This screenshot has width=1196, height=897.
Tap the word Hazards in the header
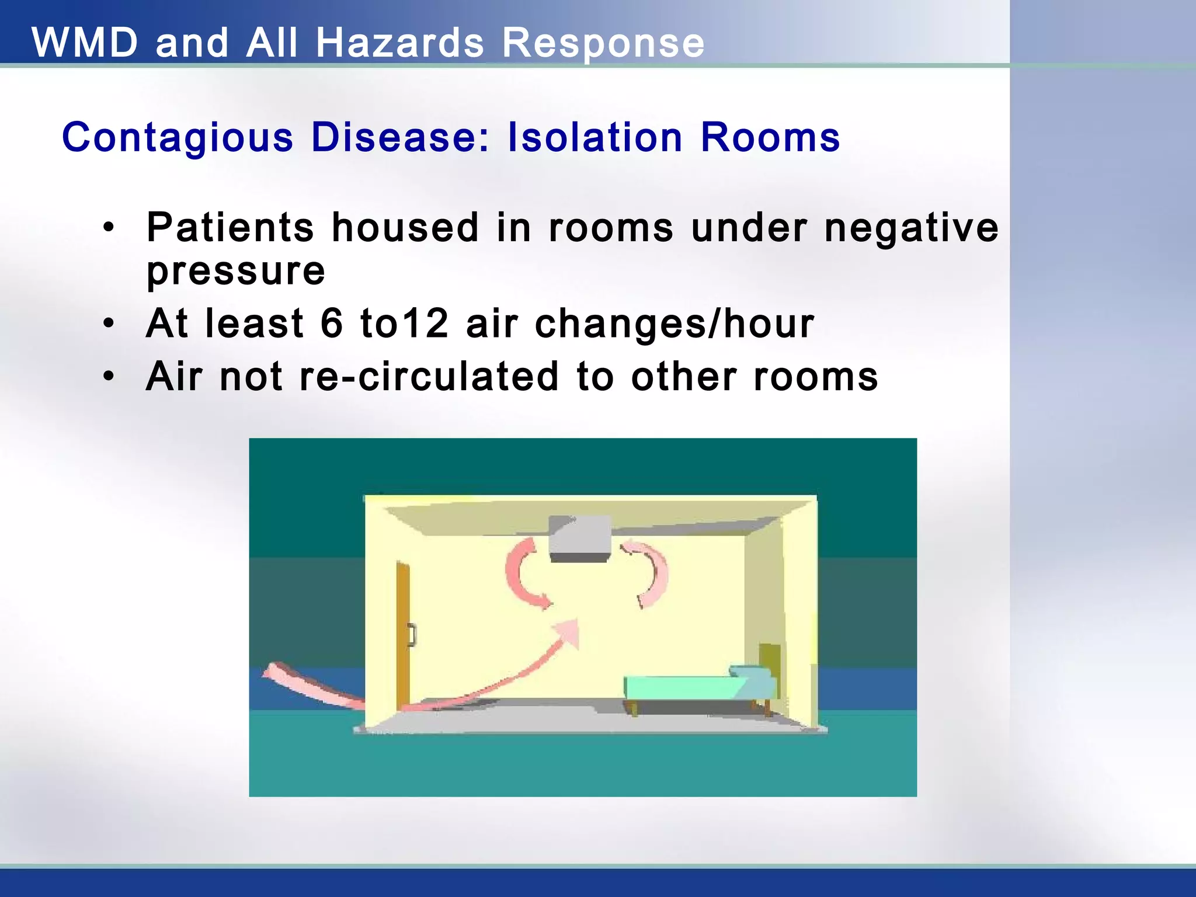400,43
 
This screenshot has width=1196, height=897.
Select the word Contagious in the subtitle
178,138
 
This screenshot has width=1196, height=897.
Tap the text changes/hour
675,324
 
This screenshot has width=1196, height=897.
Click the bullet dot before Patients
108,228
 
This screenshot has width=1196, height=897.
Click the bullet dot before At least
108,324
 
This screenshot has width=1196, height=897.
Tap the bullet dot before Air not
108,377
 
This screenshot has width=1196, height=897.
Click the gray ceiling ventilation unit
580,538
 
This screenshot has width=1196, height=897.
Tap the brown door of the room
403,637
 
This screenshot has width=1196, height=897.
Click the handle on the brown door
413,635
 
